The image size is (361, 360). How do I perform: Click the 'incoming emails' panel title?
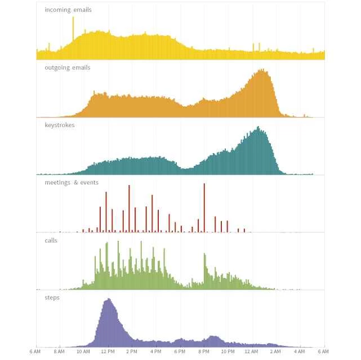point(68,10)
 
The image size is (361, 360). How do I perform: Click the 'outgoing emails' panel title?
point(67,67)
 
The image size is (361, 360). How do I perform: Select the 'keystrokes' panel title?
point(59,125)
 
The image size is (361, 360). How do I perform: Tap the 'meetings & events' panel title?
point(71,182)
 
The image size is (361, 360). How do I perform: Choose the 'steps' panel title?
point(52,298)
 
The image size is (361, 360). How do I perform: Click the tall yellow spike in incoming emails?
point(73,28)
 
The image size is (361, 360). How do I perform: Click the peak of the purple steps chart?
point(108,301)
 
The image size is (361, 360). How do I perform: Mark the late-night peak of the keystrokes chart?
point(259,129)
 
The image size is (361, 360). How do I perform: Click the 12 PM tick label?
point(108,351)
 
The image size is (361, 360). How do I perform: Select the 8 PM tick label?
point(204,351)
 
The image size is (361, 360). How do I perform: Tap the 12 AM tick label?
point(252,351)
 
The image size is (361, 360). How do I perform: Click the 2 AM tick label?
point(276,351)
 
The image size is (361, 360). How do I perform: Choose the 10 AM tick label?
point(83,351)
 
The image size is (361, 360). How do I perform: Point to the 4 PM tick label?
point(156,351)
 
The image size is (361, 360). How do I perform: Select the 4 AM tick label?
point(300,351)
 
